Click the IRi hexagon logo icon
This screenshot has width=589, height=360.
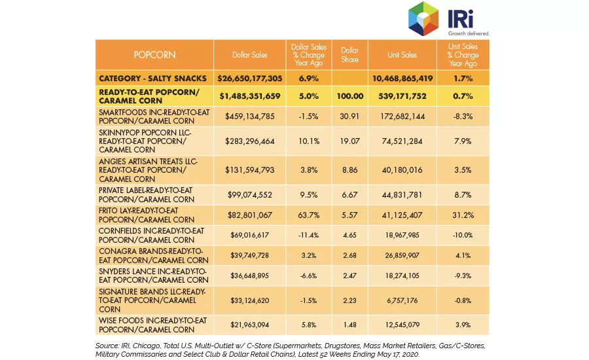pos(423,18)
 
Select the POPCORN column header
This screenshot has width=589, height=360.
pos(154,55)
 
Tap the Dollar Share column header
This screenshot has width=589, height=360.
pos(349,55)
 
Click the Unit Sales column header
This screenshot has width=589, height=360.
pos(402,55)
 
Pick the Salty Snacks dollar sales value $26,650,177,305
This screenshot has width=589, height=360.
pos(250,78)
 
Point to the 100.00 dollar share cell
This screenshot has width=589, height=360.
pos(349,96)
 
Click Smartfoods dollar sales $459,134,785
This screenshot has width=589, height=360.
pos(250,117)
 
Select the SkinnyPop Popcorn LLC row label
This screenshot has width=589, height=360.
pos(145,141)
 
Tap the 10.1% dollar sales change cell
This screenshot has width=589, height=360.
pos(309,141)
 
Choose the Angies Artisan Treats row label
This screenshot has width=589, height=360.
pos(148,170)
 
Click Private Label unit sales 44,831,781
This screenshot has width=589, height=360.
pos(402,195)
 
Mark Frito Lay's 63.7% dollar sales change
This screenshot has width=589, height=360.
pos(309,215)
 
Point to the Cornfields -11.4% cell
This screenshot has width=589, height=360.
pos(309,235)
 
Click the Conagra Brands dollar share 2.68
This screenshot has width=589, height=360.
pos(349,255)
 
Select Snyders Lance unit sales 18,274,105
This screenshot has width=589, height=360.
pos(402,276)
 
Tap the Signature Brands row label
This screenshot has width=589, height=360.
pos(152,300)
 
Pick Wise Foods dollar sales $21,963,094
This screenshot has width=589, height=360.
pos(250,325)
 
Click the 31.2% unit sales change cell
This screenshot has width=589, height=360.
pos(463,215)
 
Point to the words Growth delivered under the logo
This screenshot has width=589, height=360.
pos(469,33)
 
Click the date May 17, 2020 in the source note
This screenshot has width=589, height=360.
pos(398,354)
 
